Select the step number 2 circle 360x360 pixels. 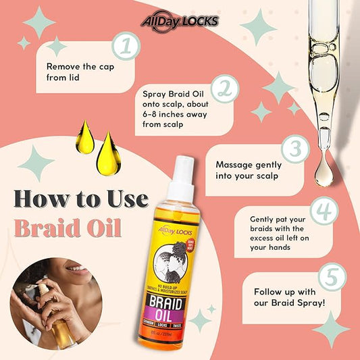point(225,89)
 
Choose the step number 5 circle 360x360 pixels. point(332,277)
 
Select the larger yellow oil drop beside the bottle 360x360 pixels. point(109,154)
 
